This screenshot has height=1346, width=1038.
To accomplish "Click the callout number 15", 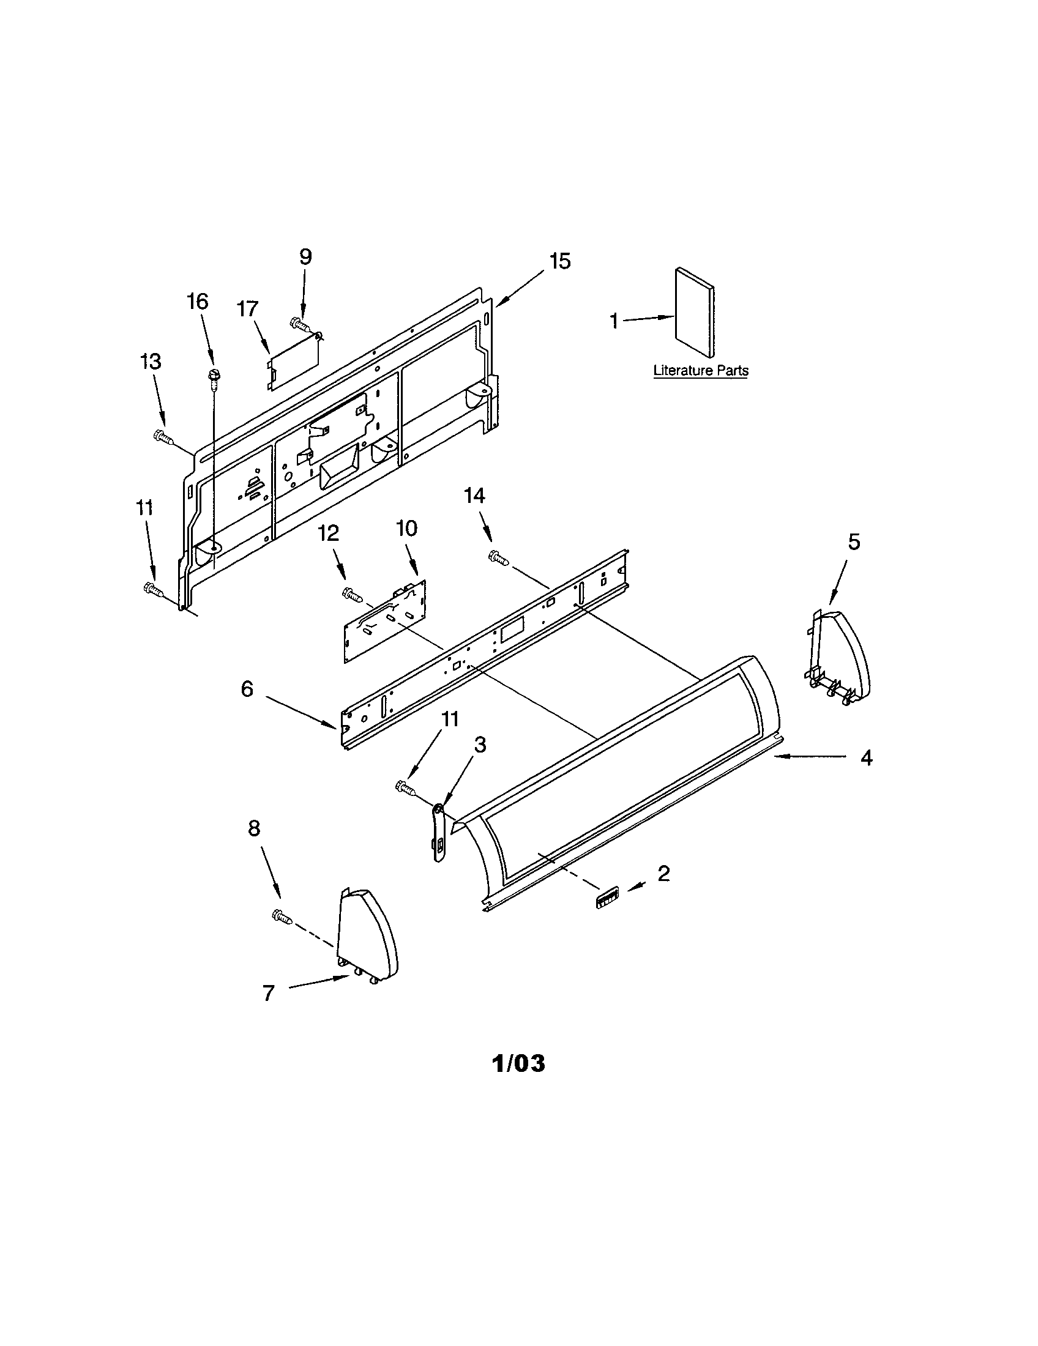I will (x=559, y=261).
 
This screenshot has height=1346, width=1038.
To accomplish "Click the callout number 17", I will (x=248, y=309).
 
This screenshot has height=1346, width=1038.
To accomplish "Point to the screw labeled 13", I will (x=162, y=436).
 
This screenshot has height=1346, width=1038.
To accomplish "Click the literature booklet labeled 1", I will (x=695, y=313).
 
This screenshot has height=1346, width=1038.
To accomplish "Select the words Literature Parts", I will (x=701, y=370).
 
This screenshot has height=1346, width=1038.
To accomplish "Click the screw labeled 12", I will (x=351, y=593).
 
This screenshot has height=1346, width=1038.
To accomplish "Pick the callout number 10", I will (x=407, y=528).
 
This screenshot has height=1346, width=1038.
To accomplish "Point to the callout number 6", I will (x=247, y=688).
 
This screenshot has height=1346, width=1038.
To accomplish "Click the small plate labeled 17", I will (x=294, y=363).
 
